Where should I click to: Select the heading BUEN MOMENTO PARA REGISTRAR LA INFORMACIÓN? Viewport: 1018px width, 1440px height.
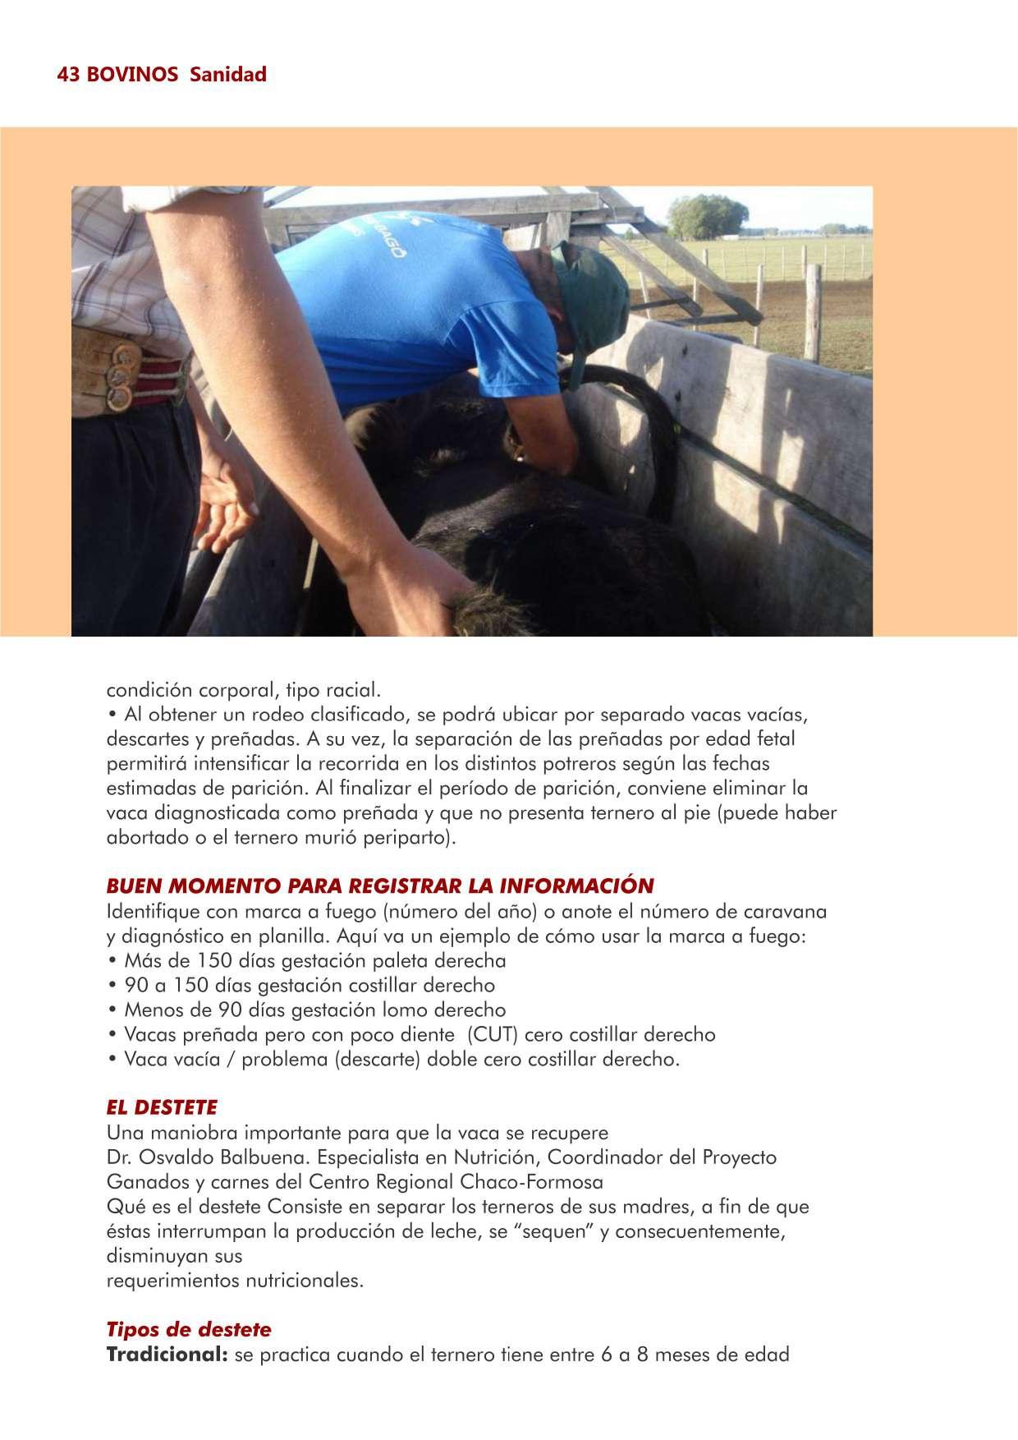(380, 886)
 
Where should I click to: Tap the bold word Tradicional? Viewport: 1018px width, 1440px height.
(167, 1355)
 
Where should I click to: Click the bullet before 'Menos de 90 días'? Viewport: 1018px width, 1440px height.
(112, 1010)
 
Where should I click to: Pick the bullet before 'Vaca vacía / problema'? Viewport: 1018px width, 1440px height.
(112, 1060)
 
